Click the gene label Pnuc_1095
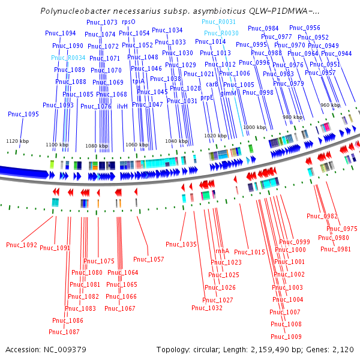[x=23, y=114]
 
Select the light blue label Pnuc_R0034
[x=68, y=58]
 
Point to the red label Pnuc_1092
[x=22, y=245]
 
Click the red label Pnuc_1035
[x=181, y=244]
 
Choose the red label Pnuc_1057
[x=148, y=259]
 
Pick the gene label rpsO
[x=128, y=22]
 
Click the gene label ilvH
[x=122, y=106]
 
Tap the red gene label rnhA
[x=222, y=251]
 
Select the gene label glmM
[x=229, y=93]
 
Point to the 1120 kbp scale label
[x=17, y=141]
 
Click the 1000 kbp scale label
[x=254, y=127]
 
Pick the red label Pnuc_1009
[x=286, y=337]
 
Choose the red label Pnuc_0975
[x=342, y=229]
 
